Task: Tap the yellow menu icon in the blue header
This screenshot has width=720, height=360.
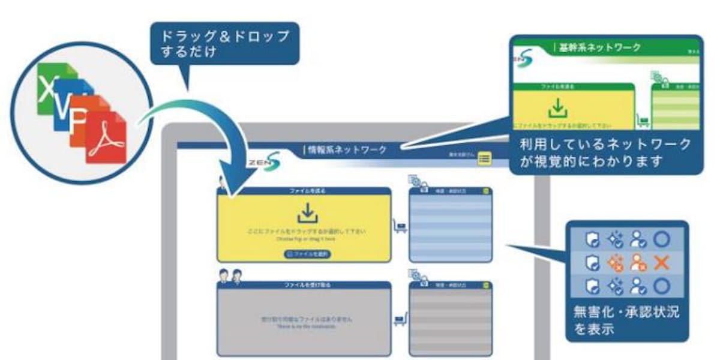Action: (x=484, y=158)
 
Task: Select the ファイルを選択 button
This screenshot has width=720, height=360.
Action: (x=307, y=254)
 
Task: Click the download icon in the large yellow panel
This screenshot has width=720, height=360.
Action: (x=307, y=213)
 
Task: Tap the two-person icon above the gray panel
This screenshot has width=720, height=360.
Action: (x=230, y=275)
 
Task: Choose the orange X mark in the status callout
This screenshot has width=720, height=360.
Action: (x=661, y=262)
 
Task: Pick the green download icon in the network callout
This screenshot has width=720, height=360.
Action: (x=558, y=109)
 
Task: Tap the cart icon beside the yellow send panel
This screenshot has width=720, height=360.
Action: (x=399, y=227)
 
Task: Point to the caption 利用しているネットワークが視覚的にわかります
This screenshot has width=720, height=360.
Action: (x=605, y=152)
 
